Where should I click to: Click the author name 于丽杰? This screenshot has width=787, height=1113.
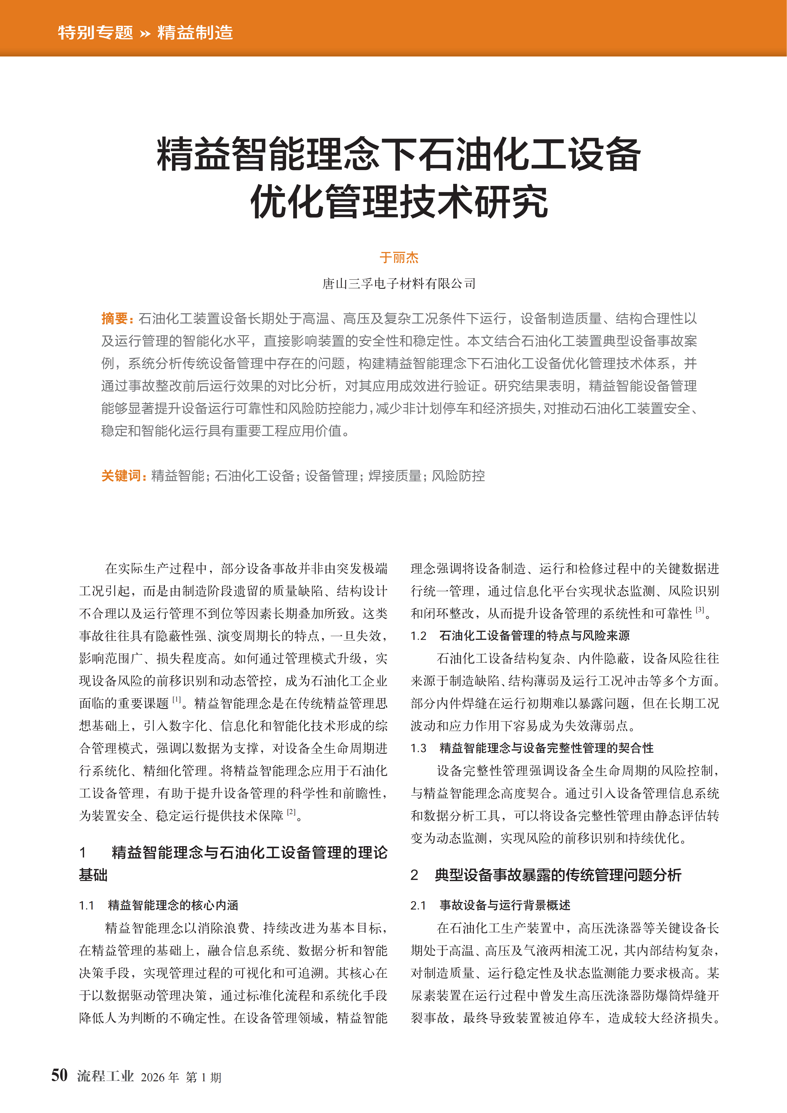[x=399, y=257]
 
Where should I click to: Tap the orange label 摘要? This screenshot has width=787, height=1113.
[x=115, y=318]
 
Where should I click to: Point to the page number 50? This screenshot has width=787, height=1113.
[x=60, y=1075]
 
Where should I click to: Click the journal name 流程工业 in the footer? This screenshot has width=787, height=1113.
[x=105, y=1076]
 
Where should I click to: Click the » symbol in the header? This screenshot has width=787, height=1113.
[x=145, y=33]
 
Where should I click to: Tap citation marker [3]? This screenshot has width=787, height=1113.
[x=700, y=610]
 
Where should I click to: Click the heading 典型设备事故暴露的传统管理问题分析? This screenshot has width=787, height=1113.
[x=558, y=875]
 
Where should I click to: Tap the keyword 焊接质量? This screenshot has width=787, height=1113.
[x=395, y=476]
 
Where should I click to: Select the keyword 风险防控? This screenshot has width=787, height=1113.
[x=458, y=476]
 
